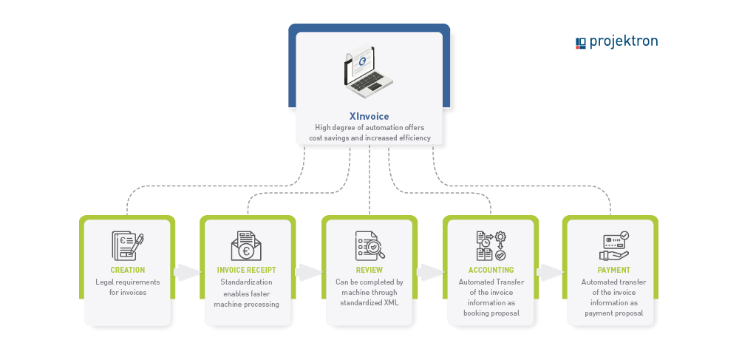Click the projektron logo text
[623, 41]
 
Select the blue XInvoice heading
[369, 116]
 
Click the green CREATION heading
[128, 270]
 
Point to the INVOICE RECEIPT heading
[247, 270]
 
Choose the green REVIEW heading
[369, 270]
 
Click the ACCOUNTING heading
[491, 270]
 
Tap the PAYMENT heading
[613, 270]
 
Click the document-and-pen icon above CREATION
[127, 245]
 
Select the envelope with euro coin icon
[246, 245]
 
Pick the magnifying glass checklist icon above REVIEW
[369, 245]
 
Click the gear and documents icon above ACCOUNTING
[491, 245]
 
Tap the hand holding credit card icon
[613, 245]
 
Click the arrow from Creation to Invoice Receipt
[187, 272]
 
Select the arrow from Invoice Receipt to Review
[309, 272]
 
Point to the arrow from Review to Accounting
[430, 272]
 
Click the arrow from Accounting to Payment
[551, 272]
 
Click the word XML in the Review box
[392, 303]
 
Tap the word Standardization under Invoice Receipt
[247, 282]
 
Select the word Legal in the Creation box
[105, 282]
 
